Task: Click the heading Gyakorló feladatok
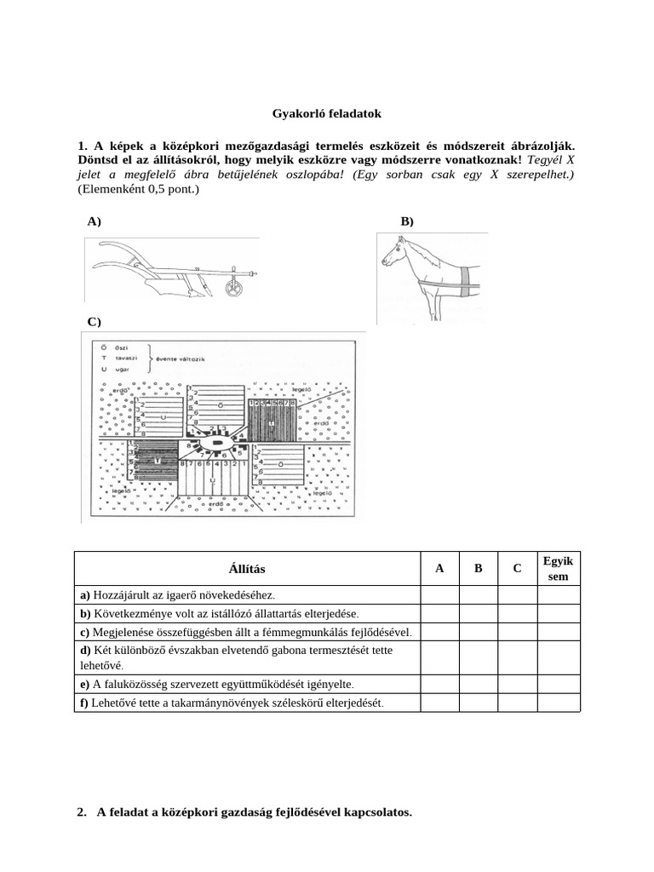[x=327, y=112]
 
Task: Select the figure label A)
[x=94, y=221]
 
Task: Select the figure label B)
[x=406, y=221]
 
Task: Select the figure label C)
[x=94, y=321]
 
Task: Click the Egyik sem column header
[x=558, y=568]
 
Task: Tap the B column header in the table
[x=478, y=568]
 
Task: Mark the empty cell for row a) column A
[x=439, y=594]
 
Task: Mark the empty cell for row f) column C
[x=517, y=703]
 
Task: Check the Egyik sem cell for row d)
[x=558, y=657]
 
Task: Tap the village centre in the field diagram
[x=219, y=444]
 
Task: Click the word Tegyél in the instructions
[x=548, y=159]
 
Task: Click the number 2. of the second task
[x=82, y=812]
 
